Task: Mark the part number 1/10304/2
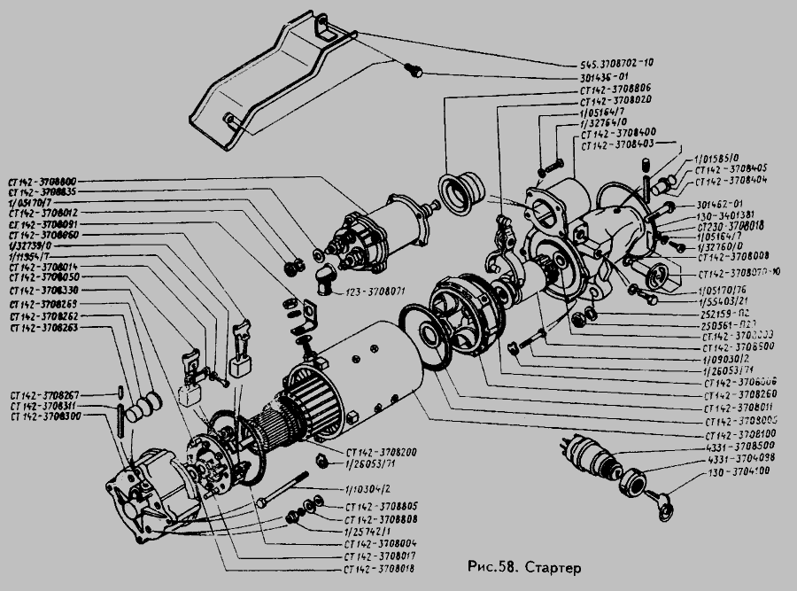coord(367,489)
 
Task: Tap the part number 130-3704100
coord(737,473)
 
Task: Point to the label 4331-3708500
coord(742,447)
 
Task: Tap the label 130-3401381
coord(725,214)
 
